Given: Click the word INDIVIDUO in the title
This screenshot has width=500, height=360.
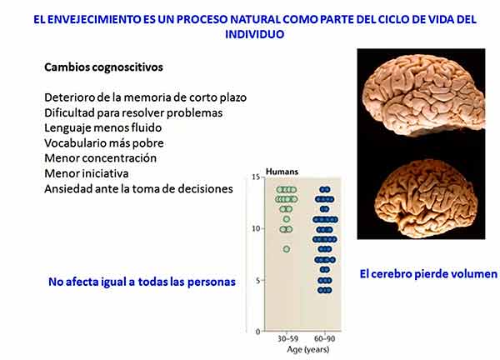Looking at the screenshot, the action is click(x=254, y=34).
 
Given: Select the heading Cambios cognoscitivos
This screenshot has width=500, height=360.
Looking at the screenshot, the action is click(x=103, y=67).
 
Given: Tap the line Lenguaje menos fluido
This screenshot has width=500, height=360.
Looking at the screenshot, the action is click(x=103, y=127).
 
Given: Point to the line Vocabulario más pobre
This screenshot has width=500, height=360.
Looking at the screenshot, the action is click(x=104, y=142).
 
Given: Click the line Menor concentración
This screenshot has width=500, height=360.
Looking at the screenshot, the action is click(x=101, y=158).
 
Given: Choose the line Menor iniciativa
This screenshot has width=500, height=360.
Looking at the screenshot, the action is click(x=87, y=173).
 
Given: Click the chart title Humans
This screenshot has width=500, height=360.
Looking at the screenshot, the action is click(x=282, y=172).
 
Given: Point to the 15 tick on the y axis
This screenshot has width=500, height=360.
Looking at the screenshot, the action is click(x=256, y=177).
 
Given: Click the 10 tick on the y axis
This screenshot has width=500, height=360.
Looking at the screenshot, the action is click(x=256, y=228).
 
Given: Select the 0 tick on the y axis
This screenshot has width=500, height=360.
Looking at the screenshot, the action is click(x=258, y=332).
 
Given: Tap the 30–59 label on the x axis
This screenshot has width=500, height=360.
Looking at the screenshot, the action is click(x=288, y=338).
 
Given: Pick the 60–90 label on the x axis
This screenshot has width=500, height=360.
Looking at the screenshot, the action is click(x=325, y=338).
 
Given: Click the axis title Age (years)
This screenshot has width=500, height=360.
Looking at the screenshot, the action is click(x=308, y=349).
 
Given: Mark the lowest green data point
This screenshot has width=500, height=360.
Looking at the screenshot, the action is click(x=287, y=249).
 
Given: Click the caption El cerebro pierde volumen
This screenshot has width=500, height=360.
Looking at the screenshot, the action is click(x=428, y=274).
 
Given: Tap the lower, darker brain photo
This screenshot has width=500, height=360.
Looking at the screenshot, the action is click(x=426, y=197).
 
